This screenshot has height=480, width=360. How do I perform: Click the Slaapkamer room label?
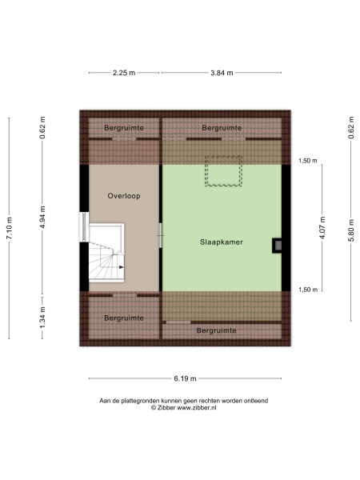pos(222,242)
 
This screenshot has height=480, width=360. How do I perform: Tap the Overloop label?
pos(124,196)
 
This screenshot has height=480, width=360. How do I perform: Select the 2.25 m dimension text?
pos(124,73)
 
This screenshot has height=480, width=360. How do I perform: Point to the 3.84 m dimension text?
pos(222,73)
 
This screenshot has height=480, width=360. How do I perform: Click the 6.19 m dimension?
pos(185,378)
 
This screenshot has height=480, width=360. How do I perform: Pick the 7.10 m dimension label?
pos(10,228)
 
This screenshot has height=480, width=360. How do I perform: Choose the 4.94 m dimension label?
pos(42,217)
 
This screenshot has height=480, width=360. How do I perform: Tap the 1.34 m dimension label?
pos(42,318)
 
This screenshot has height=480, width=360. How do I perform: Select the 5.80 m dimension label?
pos(351,230)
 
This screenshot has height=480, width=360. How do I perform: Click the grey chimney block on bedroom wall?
pos(278,246)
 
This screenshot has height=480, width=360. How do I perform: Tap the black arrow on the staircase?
pos(122,267)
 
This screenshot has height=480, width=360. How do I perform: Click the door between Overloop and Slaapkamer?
pos(161,235)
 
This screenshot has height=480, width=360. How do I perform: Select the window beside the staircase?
pos(83,227)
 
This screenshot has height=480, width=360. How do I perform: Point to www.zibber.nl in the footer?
pos(197,408)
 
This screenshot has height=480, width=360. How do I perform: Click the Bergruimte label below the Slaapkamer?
pos(217,330)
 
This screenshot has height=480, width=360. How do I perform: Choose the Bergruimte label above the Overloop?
pos(124,128)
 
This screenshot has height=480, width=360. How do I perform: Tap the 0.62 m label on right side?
pos(351,128)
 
